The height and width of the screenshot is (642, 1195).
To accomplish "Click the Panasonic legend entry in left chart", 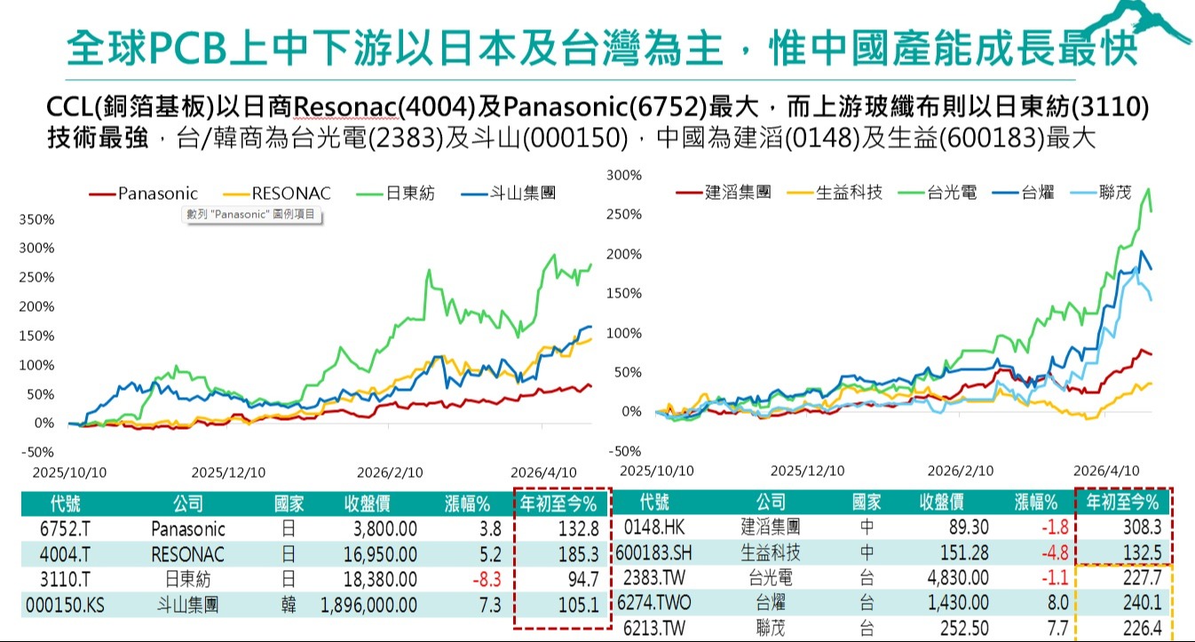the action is pos(143,194).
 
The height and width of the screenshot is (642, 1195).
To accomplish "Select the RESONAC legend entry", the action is pos(276,194).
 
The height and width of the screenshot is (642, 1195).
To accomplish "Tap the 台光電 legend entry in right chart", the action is pos(938,192).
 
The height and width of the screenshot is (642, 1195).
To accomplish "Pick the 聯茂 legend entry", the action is pos(1101,192).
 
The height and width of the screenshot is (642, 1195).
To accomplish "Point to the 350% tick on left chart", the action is pos(36,219).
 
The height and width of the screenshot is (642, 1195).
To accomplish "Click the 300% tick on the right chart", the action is pos(623,175).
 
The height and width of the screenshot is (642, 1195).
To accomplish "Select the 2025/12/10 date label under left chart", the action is pos(228,472).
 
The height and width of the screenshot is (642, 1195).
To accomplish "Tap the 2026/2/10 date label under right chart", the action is pos(961,472).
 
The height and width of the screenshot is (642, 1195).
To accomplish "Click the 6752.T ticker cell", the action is pos(65,529).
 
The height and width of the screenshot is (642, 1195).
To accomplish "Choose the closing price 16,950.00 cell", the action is pos(380,554).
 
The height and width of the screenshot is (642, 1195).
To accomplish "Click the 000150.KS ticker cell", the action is pos(65,606).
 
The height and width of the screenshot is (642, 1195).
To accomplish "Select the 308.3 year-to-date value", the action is pos(1143,527).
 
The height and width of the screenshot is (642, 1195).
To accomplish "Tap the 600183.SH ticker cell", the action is pos(653,553).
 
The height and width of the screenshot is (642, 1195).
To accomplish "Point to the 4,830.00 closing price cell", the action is pos(958,578).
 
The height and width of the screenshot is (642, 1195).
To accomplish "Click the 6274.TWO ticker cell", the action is pos(653,603).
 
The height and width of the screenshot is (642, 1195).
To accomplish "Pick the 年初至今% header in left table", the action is pos(558,503).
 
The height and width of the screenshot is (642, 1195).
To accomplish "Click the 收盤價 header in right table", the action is pos(942,503).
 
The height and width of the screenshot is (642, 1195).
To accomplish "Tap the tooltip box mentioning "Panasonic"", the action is pos(251,215).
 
